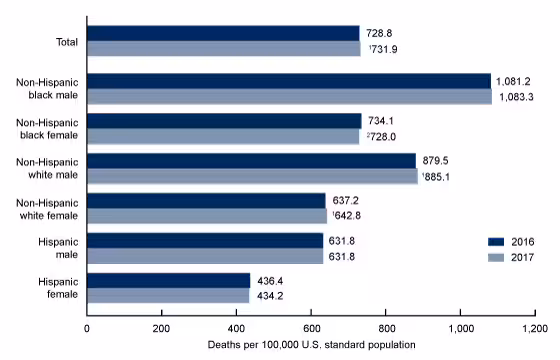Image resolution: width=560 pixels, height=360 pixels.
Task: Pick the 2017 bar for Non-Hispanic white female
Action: pos(207,216)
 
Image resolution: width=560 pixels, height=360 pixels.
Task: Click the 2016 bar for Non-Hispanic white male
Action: pos(251,161)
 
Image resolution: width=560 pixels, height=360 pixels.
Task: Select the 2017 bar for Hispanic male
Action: pos(205,256)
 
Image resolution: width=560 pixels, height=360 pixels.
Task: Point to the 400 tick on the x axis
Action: pos(236,328)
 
